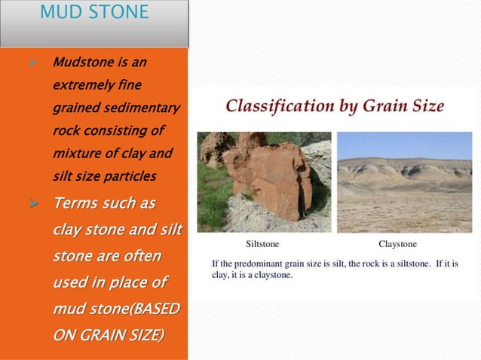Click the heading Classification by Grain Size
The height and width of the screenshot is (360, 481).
pyautogui.click(x=335, y=106)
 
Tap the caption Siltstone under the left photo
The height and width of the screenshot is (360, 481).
pyautogui.click(x=262, y=244)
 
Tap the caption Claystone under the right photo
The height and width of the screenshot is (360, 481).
pyautogui.click(x=397, y=244)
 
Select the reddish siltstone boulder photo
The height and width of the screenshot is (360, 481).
pyautogui.click(x=264, y=182)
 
